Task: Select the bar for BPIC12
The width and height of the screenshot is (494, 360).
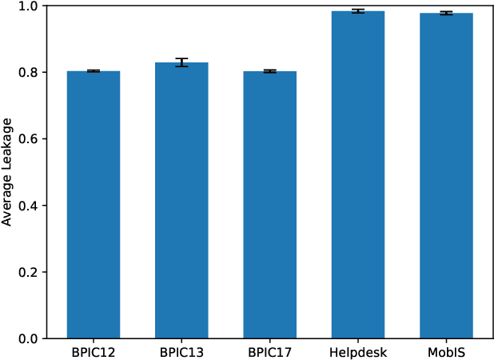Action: coord(94,205)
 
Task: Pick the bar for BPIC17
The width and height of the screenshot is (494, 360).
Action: coord(269,205)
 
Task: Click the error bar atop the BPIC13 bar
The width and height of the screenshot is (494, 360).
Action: coord(181,62)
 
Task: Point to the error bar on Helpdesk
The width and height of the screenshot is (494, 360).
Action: coord(358,11)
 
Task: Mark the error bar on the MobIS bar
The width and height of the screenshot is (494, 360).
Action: coord(446,13)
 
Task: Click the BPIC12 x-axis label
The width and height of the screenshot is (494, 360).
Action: coord(94,352)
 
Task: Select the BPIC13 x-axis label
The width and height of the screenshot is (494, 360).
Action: coord(181,352)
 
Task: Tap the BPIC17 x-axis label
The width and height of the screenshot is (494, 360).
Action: coord(269,352)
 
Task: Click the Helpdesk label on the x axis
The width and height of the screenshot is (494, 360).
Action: coord(358,352)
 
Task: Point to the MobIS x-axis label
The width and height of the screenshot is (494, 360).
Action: coord(446,352)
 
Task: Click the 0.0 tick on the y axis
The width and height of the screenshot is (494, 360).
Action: coord(28,339)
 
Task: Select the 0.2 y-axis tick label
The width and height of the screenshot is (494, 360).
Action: coord(28,273)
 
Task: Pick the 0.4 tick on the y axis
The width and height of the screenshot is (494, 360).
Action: coord(28,206)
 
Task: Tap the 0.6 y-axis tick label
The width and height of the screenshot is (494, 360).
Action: coord(28,139)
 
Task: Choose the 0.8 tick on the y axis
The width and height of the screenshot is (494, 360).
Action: coord(28,73)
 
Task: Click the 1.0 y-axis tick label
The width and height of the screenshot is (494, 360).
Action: coord(28,6)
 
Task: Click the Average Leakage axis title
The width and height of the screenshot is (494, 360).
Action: coord(7,173)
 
